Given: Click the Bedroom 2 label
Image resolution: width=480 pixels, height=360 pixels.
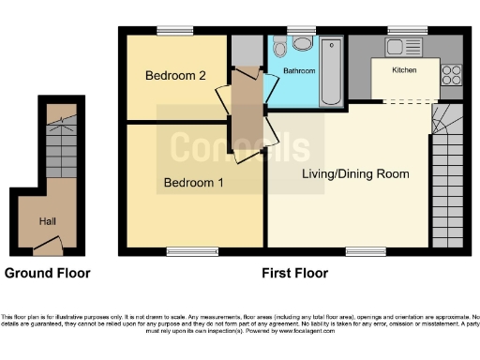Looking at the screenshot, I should [175, 76].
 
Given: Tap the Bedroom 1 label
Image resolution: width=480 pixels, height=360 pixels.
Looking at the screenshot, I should [193, 183].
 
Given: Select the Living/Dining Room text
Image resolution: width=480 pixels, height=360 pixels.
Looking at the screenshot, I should [355, 173].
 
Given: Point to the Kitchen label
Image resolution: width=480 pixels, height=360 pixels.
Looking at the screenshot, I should [404, 70].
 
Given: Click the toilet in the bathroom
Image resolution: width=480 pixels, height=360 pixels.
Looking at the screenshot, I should [302, 43].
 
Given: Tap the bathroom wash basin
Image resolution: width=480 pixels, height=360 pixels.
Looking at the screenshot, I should [279, 50].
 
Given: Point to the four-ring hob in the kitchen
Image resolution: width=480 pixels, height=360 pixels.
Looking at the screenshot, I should [451, 73].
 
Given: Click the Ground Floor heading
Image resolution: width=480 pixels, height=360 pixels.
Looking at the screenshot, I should [48, 274].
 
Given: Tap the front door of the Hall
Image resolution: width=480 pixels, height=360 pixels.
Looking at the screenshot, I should [47, 247].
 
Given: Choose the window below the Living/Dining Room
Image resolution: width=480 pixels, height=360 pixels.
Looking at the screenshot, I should [365, 251].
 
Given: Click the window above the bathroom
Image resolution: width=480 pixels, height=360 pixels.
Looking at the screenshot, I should [300, 30].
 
